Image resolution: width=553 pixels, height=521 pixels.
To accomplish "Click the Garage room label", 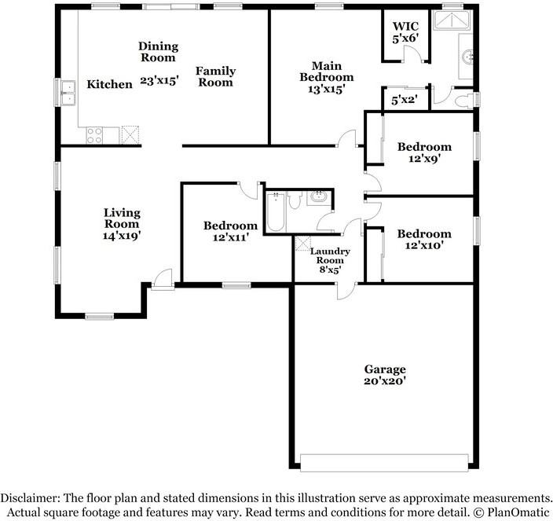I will click(384, 369).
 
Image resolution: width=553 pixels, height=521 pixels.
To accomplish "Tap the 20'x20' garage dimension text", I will click(384, 382).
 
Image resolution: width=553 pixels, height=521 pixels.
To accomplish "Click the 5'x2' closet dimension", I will click(405, 100).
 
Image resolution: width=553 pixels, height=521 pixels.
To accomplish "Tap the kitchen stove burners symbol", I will click(94, 135).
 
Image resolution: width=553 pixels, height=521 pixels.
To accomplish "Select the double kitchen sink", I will click(68, 93).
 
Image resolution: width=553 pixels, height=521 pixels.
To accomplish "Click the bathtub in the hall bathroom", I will click(276, 211).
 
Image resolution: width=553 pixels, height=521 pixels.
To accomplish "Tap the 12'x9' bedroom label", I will click(424, 152).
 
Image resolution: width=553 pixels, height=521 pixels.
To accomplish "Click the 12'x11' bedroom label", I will click(230, 231).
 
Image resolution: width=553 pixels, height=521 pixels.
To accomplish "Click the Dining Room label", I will click(158, 52).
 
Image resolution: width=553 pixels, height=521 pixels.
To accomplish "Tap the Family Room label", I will click(215, 76).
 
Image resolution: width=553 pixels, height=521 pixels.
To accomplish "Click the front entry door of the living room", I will click(163, 279).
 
